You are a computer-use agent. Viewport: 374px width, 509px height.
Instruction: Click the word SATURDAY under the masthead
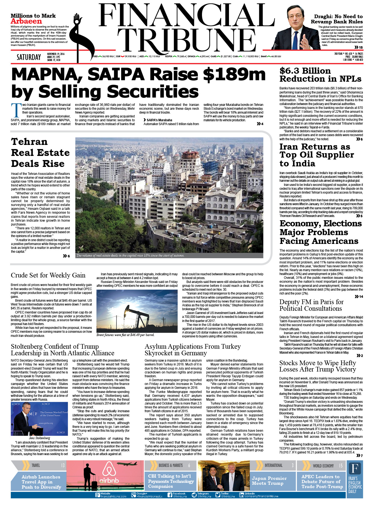(x=29, y=57)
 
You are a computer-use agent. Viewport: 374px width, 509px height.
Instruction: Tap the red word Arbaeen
(x=26, y=21)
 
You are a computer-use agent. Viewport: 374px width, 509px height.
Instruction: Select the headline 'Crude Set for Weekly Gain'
(x=48, y=275)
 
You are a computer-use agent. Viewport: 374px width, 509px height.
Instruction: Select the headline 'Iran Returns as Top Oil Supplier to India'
(x=316, y=155)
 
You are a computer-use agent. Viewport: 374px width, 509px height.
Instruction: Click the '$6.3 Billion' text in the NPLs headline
(x=305, y=71)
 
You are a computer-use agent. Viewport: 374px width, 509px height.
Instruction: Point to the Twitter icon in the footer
(x=218, y=495)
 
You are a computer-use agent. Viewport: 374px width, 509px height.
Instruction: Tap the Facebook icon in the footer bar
(x=170, y=495)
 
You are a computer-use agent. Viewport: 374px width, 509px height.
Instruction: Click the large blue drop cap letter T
(x=16, y=110)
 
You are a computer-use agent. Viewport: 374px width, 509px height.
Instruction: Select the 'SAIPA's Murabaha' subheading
(x=159, y=120)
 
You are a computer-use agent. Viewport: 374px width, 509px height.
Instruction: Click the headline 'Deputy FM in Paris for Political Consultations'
(x=311, y=305)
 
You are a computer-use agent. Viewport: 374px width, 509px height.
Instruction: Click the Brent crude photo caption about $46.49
(x=125, y=335)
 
